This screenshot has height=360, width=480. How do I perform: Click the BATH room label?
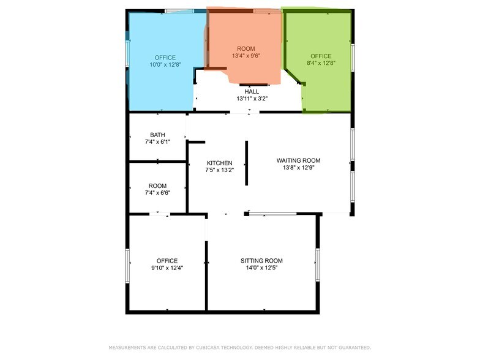tap(157, 135)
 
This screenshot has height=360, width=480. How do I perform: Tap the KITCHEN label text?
tap(219, 163)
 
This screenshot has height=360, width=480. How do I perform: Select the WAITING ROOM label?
tap(299, 160)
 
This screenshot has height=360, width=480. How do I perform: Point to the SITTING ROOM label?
tap(261, 261)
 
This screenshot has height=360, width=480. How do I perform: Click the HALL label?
tap(252, 92)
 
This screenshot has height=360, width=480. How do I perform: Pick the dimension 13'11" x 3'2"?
tap(252, 99)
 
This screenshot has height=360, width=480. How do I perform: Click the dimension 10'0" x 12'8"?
tap(165, 65)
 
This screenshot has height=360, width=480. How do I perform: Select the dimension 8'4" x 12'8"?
tap(321, 63)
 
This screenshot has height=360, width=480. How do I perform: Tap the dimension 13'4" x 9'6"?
tap(246, 56)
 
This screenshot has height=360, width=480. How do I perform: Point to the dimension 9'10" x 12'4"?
tap(167, 268)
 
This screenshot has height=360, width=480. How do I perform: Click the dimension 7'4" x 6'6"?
tap(157, 193)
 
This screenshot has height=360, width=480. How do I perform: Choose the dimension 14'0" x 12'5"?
tap(261, 268)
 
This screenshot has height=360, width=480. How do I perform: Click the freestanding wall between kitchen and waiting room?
tap(246, 163)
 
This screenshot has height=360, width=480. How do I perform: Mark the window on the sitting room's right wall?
tap(317, 264)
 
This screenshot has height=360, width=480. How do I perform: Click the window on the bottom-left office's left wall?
tap(127, 266)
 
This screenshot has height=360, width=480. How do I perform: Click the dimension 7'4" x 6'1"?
tap(157, 142)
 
